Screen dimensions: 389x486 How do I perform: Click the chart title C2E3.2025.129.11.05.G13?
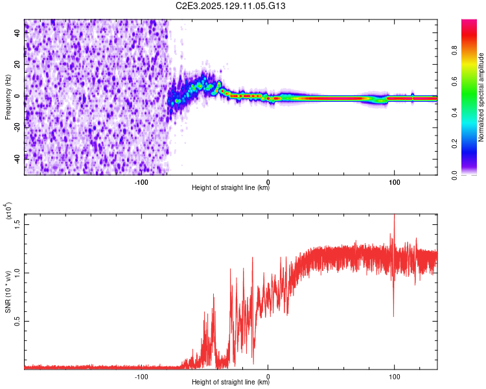(231, 6)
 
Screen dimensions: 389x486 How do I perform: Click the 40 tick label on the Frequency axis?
(18, 34)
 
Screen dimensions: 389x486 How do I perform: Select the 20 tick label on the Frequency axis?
(18, 65)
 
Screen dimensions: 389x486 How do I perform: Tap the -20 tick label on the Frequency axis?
(18, 126)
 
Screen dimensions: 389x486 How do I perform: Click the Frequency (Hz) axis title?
(8, 97)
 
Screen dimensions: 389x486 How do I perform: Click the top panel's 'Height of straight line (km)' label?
(231, 188)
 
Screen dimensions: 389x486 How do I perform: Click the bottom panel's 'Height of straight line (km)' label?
(231, 383)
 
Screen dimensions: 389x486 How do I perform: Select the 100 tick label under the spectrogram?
(394, 182)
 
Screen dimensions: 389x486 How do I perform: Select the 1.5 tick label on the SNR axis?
(18, 224)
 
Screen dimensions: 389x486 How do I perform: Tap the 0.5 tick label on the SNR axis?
(18, 321)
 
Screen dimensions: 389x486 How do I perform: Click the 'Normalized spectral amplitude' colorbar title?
(481, 97)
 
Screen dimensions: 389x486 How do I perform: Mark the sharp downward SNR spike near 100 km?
(393, 315)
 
